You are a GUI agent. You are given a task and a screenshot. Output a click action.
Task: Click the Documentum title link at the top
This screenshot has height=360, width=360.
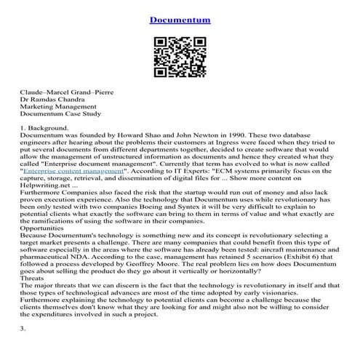pyautogui.click(x=180, y=19)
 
